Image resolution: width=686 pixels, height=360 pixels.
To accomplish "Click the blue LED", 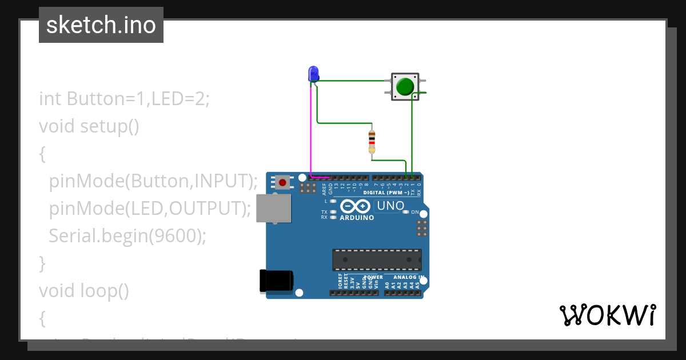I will point(313,74).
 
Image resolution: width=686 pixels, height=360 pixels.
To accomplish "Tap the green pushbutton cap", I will point(405,87).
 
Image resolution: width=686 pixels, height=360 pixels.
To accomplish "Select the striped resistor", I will point(372,139).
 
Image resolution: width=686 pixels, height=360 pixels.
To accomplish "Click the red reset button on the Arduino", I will point(282,182).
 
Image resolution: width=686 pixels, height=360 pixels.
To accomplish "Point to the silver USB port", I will point(273,208).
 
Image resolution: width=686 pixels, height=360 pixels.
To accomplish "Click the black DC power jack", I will point(276,281).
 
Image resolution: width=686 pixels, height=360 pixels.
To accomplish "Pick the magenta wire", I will point(311,131).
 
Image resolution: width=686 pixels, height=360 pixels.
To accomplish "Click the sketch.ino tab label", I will point(101,25).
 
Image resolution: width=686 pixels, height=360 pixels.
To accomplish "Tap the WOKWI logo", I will point(607,315).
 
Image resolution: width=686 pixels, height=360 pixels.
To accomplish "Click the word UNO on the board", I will point(391,206).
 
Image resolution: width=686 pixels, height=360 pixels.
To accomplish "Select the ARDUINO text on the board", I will point(357,218).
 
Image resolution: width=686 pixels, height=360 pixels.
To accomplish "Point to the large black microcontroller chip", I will point(377,260).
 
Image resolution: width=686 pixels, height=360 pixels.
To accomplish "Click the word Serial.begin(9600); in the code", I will point(127,236).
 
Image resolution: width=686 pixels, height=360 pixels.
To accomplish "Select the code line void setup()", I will point(89,126).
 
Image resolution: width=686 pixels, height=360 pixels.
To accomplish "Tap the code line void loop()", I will point(84,291).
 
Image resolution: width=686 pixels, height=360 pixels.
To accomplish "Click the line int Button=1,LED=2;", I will point(125,98).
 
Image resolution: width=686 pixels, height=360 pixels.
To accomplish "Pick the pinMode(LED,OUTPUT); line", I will point(150,209).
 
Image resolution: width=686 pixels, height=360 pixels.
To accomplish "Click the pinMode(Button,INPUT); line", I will point(153,181).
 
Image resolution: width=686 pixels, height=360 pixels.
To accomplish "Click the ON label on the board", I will point(416,212).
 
